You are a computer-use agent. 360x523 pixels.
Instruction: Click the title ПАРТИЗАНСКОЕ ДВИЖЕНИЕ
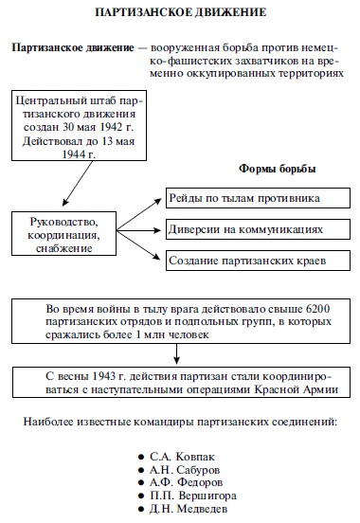181,12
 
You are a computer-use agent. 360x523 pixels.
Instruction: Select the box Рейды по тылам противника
258,198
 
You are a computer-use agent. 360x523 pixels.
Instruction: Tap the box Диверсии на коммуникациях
258,229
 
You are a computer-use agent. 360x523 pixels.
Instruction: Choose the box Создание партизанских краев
258,261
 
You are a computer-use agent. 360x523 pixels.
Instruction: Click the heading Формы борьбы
278,169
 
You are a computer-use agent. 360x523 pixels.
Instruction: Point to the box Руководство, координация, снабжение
63,233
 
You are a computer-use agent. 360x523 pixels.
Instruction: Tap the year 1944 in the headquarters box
71,154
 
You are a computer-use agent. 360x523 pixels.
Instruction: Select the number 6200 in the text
317,309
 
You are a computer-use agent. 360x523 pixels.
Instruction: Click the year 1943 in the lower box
104,376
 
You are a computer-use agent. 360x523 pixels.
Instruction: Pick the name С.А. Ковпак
182,457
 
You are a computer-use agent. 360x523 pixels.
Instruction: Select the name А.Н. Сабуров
185,470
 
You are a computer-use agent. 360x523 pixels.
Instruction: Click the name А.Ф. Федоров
186,482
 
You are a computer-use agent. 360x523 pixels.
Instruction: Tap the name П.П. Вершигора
193,496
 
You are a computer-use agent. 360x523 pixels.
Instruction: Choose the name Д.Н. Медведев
189,509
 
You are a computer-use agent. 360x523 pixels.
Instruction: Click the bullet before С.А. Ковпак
141,458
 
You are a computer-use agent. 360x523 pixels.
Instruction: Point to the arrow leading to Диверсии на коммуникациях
139,230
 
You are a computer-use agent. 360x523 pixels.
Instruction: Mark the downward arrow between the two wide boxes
176,354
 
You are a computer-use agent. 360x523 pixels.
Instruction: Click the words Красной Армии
297,389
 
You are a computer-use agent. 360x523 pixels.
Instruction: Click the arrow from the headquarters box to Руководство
78,184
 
